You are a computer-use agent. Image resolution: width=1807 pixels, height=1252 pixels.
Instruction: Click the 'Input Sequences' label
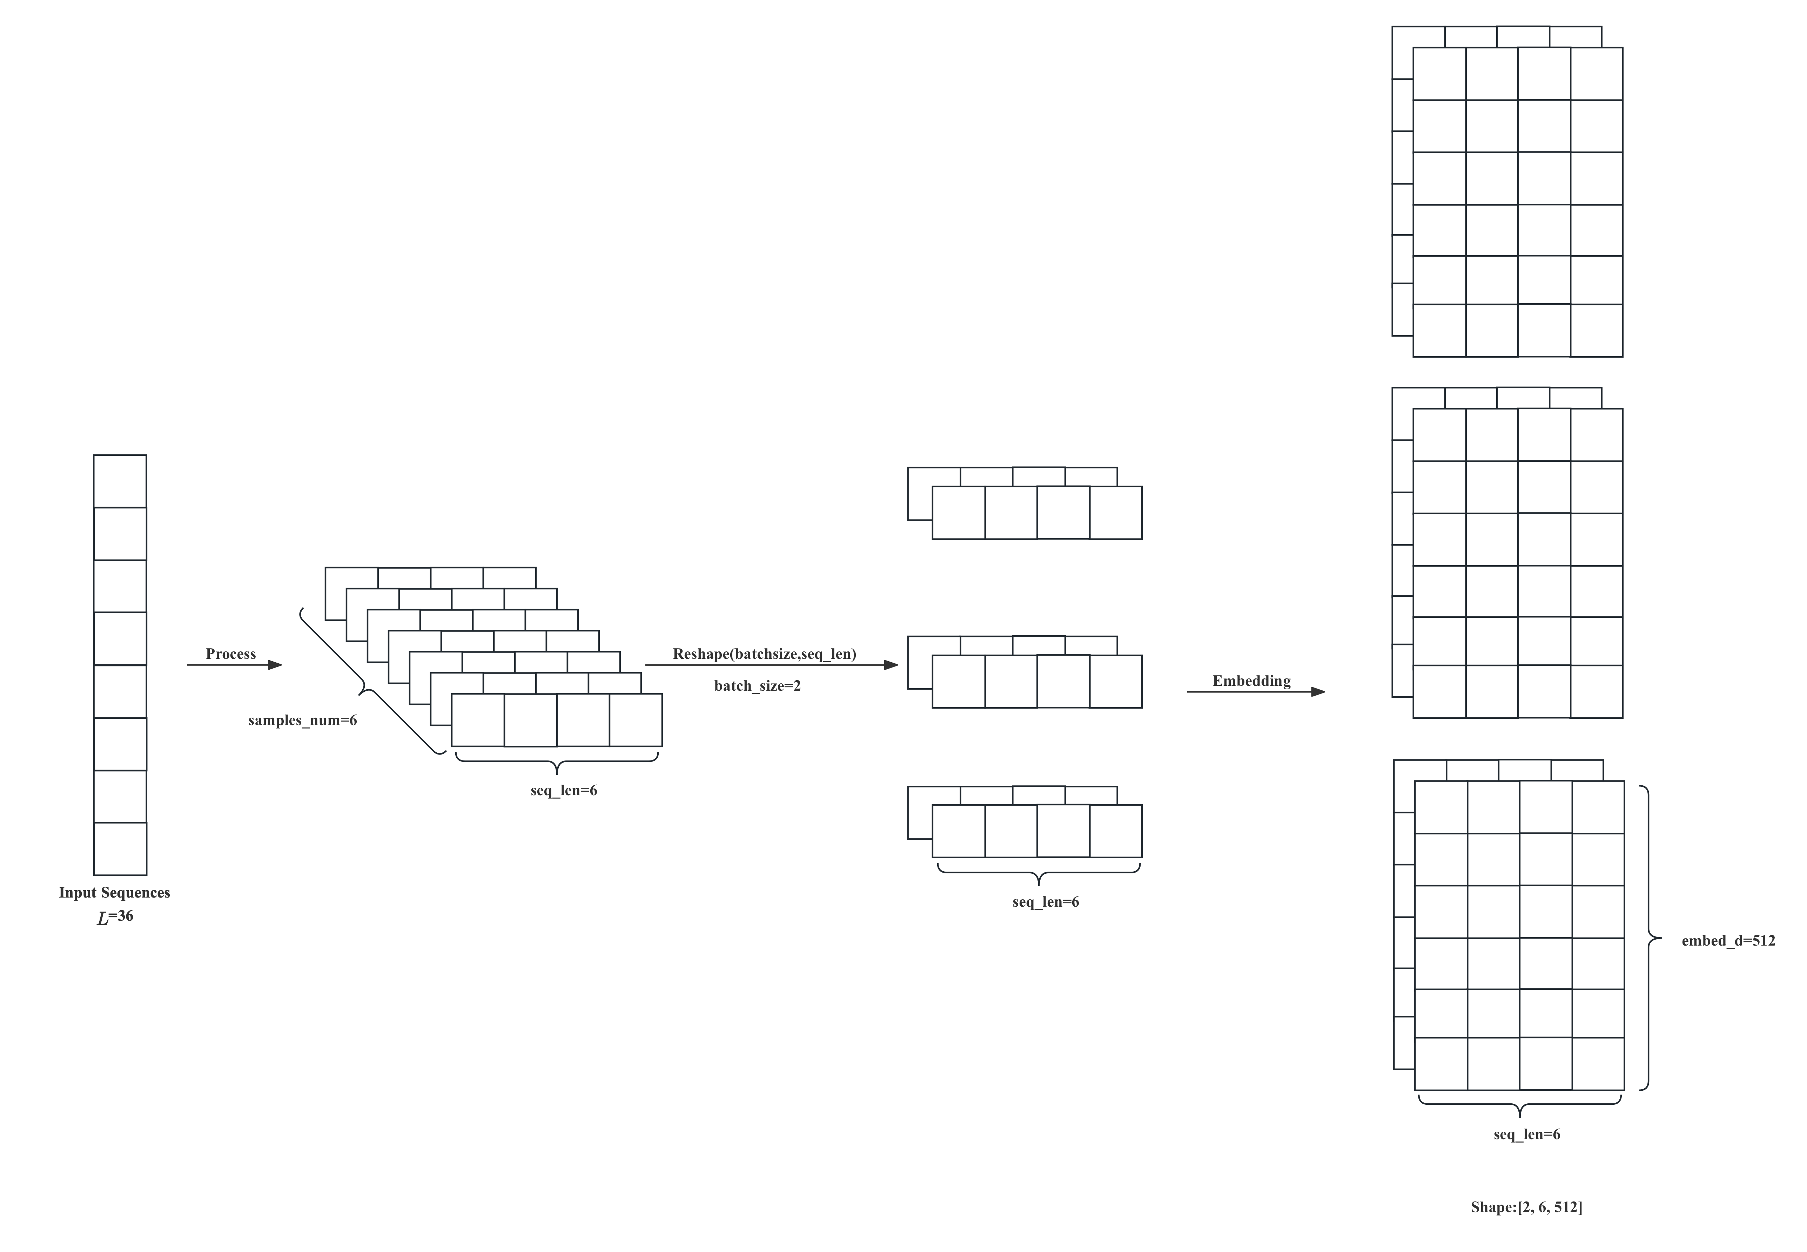pyautogui.click(x=115, y=893)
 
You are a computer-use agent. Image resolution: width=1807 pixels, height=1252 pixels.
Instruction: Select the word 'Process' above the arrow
pyautogui.click(x=231, y=654)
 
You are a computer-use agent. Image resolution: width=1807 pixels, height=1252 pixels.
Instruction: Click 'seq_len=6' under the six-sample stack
pyautogui.click(x=563, y=790)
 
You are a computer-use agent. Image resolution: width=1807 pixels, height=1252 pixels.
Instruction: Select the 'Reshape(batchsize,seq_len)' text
pyautogui.click(x=764, y=654)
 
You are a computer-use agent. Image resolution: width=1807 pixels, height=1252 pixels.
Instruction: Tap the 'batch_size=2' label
pyautogui.click(x=757, y=686)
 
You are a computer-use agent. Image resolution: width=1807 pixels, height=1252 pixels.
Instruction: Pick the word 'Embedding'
pyautogui.click(x=1251, y=680)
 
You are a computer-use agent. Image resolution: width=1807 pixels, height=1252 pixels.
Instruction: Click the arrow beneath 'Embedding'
pyautogui.click(x=1255, y=692)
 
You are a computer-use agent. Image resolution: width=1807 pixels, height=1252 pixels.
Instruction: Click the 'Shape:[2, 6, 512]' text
pyautogui.click(x=1526, y=1207)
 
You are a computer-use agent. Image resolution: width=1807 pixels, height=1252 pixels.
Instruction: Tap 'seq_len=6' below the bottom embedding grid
pyautogui.click(x=1526, y=1134)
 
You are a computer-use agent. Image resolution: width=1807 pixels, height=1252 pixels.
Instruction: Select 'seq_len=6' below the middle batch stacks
pyautogui.click(x=1045, y=901)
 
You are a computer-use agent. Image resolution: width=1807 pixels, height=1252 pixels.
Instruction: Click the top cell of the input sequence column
pyautogui.click(x=120, y=481)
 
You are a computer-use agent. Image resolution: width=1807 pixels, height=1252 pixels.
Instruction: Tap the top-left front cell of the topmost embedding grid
pyautogui.click(x=1439, y=74)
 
